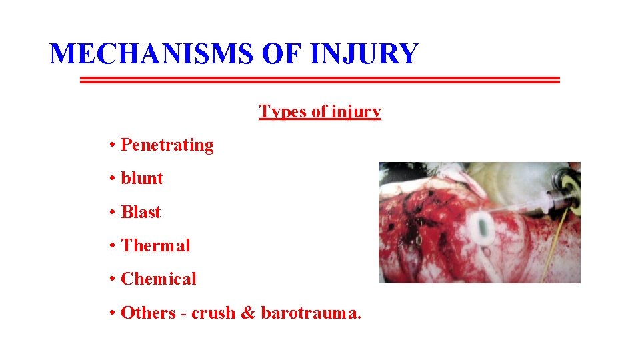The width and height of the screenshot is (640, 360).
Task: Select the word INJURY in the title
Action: click(x=364, y=53)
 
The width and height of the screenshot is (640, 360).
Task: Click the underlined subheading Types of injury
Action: click(x=320, y=111)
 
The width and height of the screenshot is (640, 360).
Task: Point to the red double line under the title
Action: click(x=320, y=80)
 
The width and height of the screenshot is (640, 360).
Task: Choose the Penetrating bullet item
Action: click(x=167, y=145)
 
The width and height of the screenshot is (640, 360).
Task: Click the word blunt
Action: click(x=142, y=178)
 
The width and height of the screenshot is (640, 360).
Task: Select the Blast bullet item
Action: click(x=141, y=212)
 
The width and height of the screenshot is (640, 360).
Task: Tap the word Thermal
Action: click(x=155, y=245)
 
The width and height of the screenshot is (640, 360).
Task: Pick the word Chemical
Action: click(x=159, y=279)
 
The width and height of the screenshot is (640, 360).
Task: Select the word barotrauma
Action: click(x=310, y=313)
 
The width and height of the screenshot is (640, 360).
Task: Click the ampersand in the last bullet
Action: click(x=247, y=313)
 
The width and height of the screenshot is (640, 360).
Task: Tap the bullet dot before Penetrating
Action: click(x=114, y=145)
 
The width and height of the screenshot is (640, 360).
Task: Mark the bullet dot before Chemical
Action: click(x=114, y=279)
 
